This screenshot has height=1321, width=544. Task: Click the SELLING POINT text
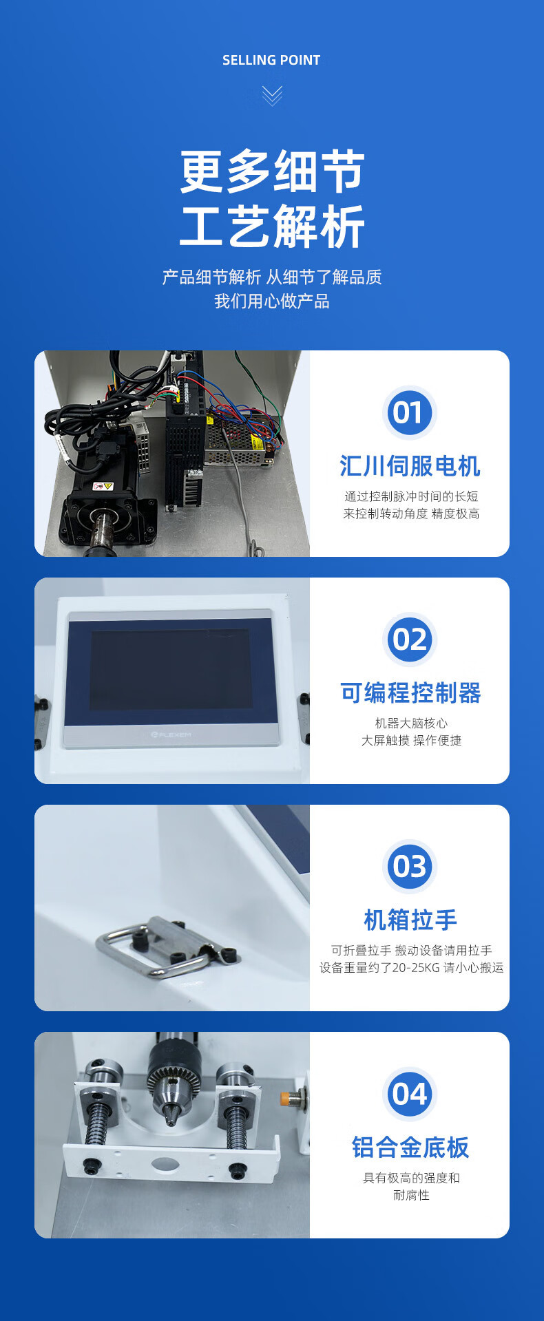pyautogui.click(x=271, y=61)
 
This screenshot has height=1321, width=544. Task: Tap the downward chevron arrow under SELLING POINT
pyautogui.click(x=272, y=96)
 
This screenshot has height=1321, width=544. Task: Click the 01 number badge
pyautogui.click(x=410, y=413)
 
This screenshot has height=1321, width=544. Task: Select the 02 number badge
pyautogui.click(x=410, y=640)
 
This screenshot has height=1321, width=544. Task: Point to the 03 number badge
pyautogui.click(x=410, y=867)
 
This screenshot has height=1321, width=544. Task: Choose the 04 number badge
pyautogui.click(x=410, y=1094)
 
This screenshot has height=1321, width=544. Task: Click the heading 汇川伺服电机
pyautogui.click(x=410, y=466)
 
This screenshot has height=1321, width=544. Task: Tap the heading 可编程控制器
pyautogui.click(x=410, y=693)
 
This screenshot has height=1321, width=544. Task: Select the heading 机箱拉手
pyautogui.click(x=410, y=920)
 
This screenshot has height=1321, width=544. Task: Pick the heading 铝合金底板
pyautogui.click(x=410, y=1148)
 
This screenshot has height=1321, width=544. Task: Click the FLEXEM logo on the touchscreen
pyautogui.click(x=171, y=735)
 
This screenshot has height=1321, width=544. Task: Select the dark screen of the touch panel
pyautogui.click(x=171, y=669)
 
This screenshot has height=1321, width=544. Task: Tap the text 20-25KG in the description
pyautogui.click(x=411, y=968)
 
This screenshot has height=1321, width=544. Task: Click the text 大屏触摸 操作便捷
pyautogui.click(x=411, y=741)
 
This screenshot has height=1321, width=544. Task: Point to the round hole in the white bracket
pyautogui.click(x=165, y=1165)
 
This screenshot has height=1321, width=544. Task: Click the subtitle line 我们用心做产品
pyautogui.click(x=272, y=302)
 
